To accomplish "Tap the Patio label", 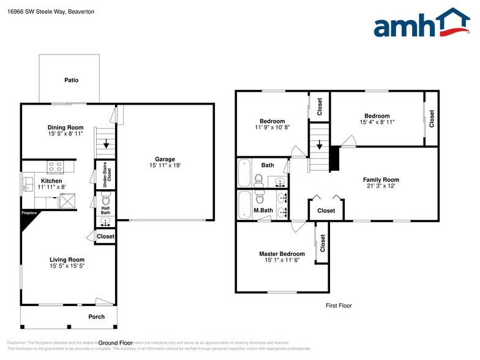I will (x=72, y=80).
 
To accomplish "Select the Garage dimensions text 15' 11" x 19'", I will (x=165, y=165).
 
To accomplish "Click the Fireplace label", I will (x=29, y=213).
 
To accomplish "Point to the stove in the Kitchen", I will (x=55, y=166).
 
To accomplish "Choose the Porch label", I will (x=96, y=317).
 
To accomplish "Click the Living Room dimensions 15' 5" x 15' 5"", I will (x=67, y=267).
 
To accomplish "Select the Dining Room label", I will (x=65, y=128).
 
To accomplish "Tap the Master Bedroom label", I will (x=282, y=254).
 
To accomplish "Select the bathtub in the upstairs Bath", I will (x=244, y=173).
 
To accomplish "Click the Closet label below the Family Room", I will (x=326, y=211).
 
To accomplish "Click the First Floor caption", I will (x=339, y=306).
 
